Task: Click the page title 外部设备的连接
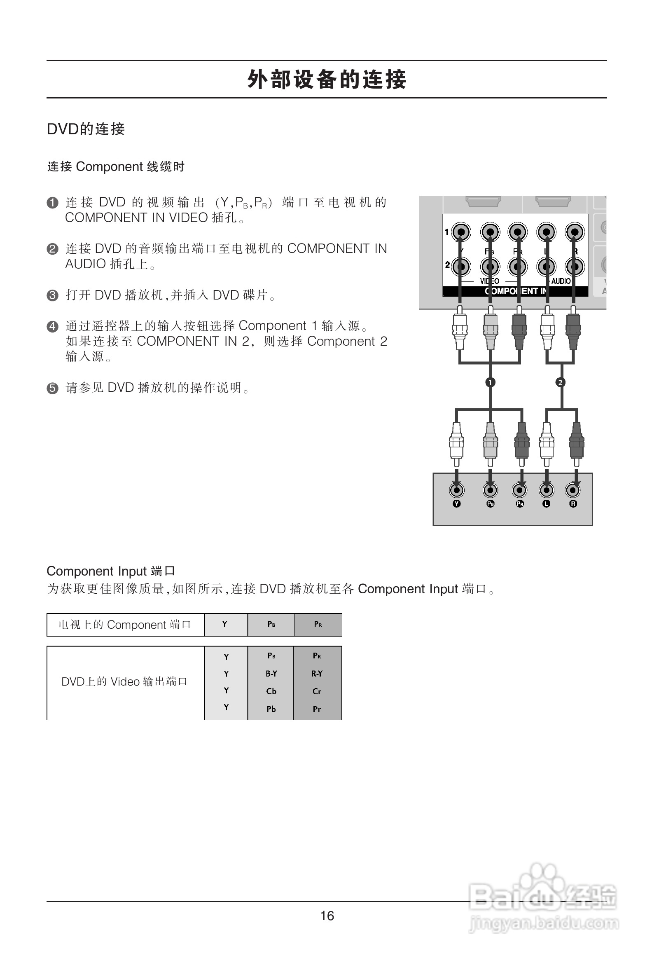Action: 327,79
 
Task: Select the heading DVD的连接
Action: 86,129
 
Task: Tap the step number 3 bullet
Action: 52,295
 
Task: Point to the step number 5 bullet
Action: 52,388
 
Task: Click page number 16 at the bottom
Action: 327,916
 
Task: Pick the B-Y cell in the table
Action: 271,674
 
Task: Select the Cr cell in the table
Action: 317,691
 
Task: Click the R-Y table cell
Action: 317,674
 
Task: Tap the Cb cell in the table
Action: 271,691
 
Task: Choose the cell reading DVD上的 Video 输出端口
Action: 125,681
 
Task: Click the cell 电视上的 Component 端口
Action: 125,625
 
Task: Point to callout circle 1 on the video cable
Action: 490,382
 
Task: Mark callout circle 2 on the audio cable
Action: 560,382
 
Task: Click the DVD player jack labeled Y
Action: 457,490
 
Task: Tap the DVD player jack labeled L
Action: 547,490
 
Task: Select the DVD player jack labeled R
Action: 573,490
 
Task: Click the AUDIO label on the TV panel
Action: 561,281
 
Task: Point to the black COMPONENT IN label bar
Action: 515,291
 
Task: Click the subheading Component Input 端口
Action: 111,571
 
